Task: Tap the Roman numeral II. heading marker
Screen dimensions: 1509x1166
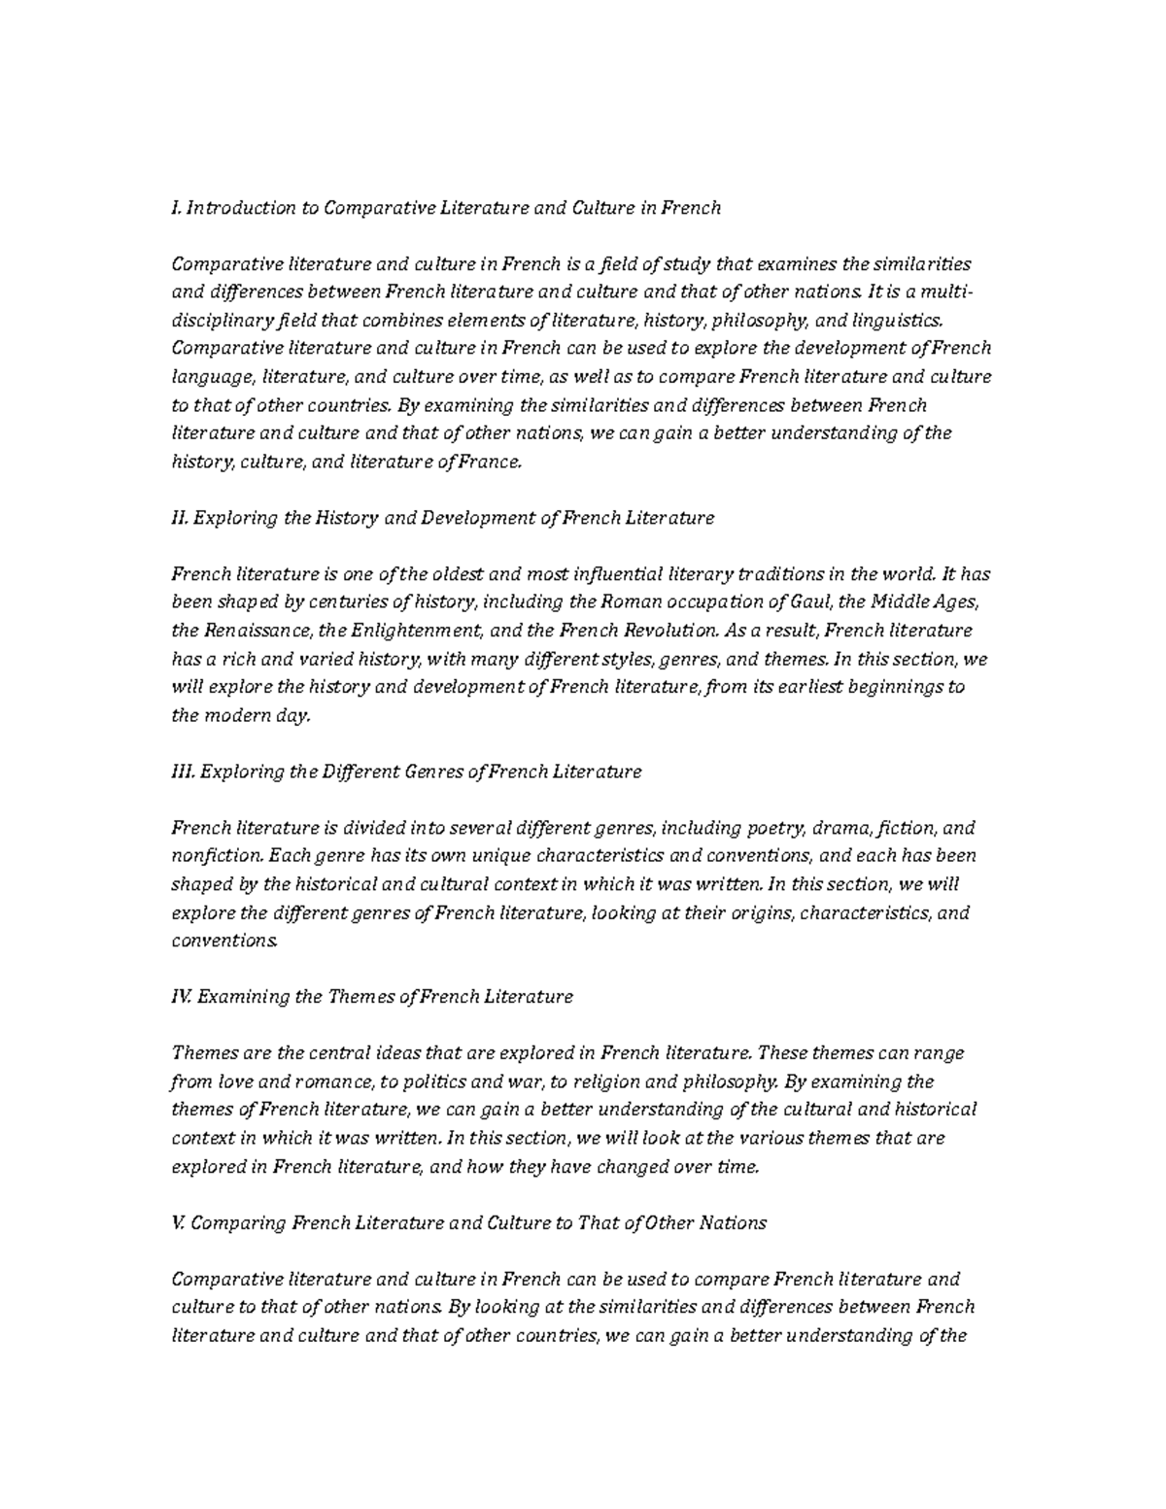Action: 179,518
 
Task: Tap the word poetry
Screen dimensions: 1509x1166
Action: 775,828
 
